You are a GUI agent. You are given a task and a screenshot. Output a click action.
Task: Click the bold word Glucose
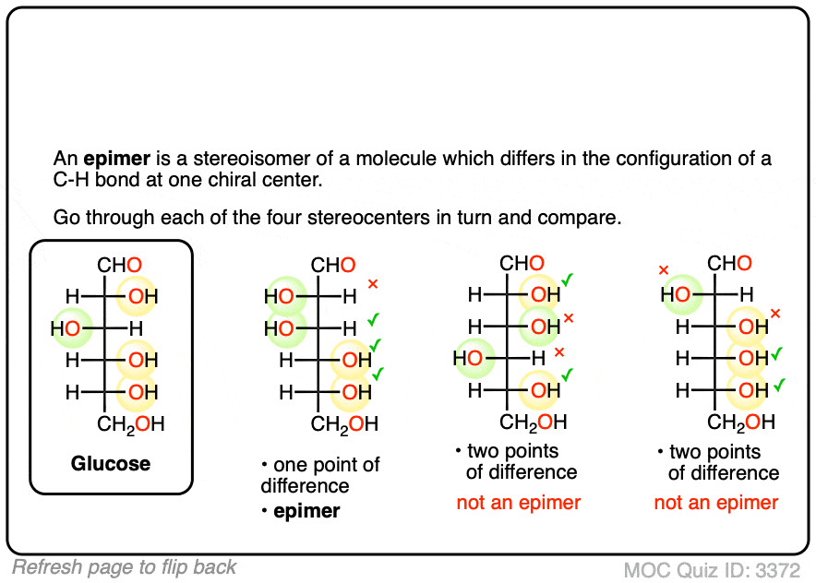tap(111, 462)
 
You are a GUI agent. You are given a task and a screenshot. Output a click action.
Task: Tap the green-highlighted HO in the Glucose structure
tap(66, 328)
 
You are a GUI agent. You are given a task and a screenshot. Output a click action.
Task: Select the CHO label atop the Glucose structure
tap(120, 266)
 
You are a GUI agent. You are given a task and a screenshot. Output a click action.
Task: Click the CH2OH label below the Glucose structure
tap(132, 424)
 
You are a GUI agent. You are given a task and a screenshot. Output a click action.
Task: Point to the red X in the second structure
tap(373, 284)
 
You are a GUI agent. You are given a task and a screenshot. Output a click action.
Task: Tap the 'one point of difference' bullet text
tap(319, 475)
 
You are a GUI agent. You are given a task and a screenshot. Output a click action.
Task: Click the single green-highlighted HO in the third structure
tap(470, 357)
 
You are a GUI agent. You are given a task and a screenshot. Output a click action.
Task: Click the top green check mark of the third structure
tap(568, 279)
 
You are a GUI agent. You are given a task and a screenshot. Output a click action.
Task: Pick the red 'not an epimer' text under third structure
tap(519, 503)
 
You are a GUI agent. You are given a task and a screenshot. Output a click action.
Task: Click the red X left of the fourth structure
tap(663, 270)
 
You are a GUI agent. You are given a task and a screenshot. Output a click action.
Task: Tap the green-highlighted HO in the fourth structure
tap(677, 295)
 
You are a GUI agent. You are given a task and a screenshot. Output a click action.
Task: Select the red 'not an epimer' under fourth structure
tap(716, 503)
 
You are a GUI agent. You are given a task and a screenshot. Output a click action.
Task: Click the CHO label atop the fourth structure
tap(729, 265)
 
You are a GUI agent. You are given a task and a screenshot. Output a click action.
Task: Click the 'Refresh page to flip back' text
tap(124, 567)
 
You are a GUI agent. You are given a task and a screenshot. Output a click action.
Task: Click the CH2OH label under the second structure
tap(344, 424)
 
